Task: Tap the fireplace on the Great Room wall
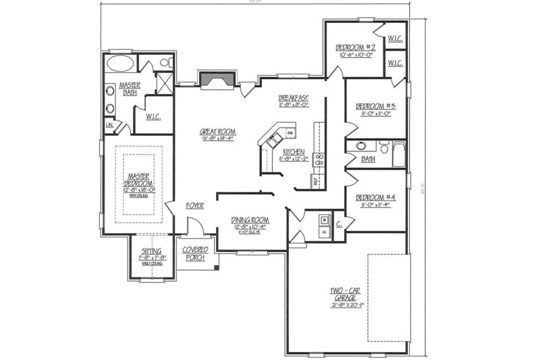[216, 81]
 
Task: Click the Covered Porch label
[195, 253]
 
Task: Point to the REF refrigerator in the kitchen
[315, 180]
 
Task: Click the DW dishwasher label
[279, 133]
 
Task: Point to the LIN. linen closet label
[108, 126]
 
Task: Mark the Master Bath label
[129, 88]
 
